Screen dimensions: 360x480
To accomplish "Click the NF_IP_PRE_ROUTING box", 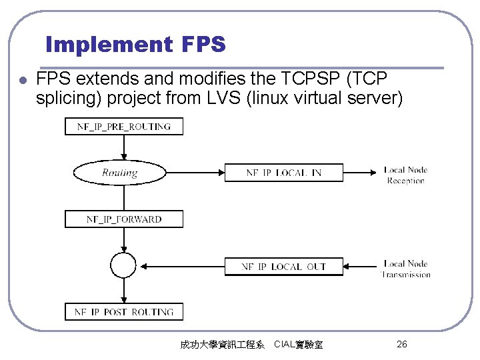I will (x=124, y=126).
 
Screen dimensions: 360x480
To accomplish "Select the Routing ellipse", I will (x=120, y=173).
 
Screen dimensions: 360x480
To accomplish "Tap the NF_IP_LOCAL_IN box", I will (x=284, y=173).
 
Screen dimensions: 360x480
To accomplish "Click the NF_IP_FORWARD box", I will (x=124, y=219).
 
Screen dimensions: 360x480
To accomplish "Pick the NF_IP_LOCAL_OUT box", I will (x=284, y=267).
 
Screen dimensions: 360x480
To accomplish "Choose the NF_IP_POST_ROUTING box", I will (x=124, y=312).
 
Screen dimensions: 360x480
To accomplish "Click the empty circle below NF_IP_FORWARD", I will (x=123, y=265).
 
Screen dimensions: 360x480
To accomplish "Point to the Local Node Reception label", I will (x=405, y=175).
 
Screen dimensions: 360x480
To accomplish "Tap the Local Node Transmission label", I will (x=405, y=269).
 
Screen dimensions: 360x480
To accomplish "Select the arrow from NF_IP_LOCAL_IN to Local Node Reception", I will (x=360, y=173).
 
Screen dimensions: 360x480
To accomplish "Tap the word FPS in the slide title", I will (x=203, y=45).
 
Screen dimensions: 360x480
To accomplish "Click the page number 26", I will (x=401, y=344).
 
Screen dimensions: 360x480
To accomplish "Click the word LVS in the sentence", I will (x=221, y=99).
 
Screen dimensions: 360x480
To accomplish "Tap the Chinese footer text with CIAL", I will (x=251, y=345).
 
